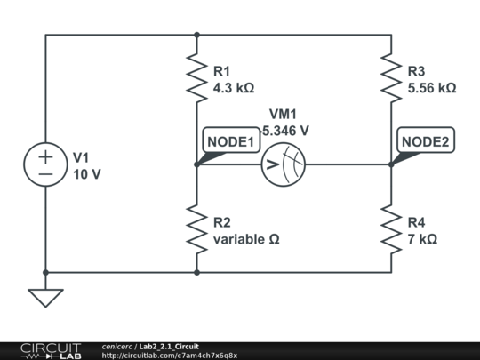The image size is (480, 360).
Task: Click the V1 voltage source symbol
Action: (45, 164)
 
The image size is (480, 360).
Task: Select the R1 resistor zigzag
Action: (196, 76)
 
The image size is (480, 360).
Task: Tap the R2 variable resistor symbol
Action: (196, 228)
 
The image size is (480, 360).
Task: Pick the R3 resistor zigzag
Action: (391, 76)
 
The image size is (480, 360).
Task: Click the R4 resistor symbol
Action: (391, 228)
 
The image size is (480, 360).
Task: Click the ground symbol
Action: (45, 297)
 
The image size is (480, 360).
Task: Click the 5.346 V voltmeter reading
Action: (285, 130)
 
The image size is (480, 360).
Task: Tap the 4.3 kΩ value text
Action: (235, 89)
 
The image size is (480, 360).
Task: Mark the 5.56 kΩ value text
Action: (432, 89)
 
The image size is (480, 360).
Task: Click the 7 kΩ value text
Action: (422, 240)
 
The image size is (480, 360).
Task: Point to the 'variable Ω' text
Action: (247, 240)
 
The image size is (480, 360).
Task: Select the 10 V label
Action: (86, 174)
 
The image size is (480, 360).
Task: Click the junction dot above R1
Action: (196, 36)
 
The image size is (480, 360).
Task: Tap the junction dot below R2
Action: (196, 273)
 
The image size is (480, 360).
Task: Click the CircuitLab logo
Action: (50, 350)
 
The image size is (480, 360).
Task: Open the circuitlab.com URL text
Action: (169, 356)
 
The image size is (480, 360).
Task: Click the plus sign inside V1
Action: (45, 156)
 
